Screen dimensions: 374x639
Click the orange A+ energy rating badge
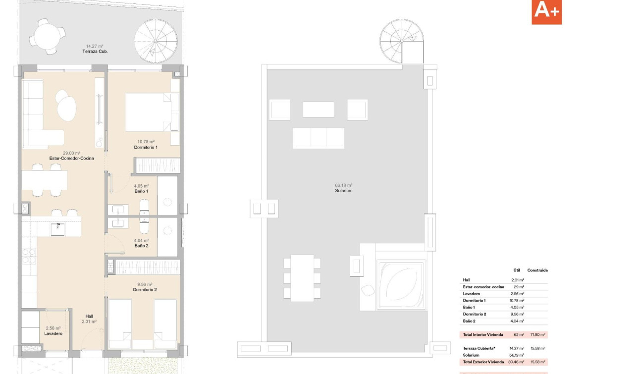(546, 12)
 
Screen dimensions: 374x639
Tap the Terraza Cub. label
(95, 52)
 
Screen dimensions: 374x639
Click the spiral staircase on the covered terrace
(156, 41)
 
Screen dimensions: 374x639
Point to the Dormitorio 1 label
(146, 148)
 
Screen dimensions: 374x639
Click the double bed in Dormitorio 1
(152, 112)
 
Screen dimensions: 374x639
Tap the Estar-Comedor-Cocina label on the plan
(71, 159)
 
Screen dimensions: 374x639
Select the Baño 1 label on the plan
(141, 191)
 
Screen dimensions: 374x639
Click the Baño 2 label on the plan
(141, 246)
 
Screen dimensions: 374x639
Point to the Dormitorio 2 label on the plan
(145, 290)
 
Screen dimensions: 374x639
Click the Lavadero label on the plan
(53, 334)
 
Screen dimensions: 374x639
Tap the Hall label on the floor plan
(89, 316)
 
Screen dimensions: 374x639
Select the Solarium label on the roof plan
(343, 191)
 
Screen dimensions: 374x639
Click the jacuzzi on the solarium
(401, 285)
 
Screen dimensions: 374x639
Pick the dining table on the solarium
(302, 278)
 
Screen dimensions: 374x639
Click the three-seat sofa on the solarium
(318, 138)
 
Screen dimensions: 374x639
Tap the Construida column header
(537, 270)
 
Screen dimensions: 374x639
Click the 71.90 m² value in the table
(538, 335)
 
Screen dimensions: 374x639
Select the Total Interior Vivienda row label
(482, 335)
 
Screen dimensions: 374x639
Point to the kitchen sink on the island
(58, 227)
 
